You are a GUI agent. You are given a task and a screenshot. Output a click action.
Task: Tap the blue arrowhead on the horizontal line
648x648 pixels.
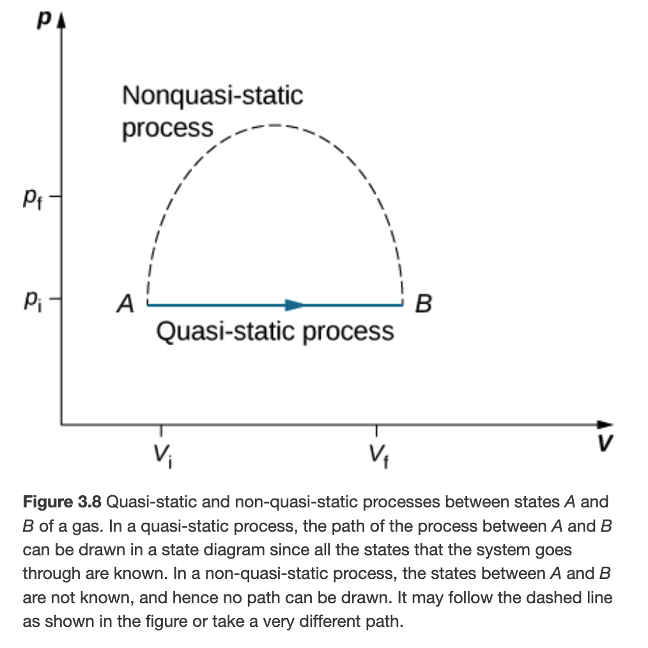(295, 305)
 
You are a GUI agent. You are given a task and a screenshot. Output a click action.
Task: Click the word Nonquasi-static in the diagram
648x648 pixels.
(212, 96)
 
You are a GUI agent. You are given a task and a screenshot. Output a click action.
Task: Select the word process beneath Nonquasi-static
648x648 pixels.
(167, 128)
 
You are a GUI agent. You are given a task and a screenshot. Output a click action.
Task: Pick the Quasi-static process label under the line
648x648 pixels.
(275, 332)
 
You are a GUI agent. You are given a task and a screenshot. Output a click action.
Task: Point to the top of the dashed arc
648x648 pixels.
(276, 124)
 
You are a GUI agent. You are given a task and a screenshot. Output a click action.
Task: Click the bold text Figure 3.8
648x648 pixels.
(62, 502)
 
